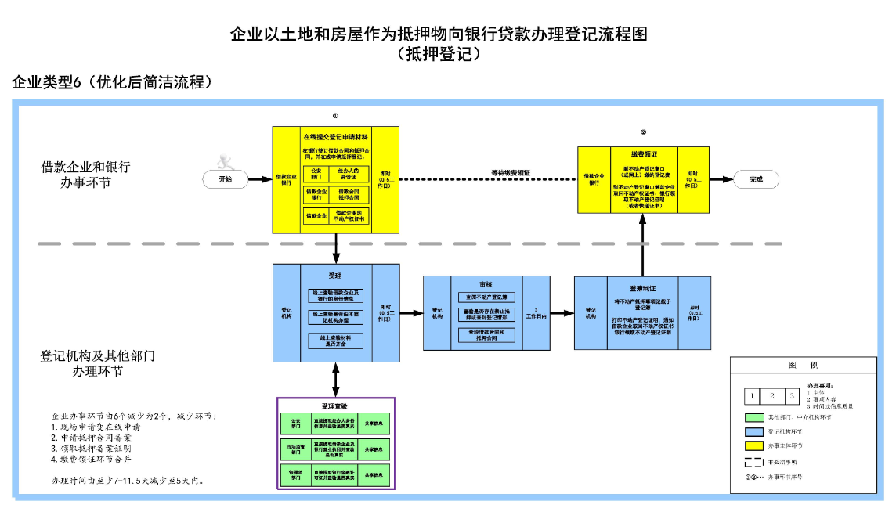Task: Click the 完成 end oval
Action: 756,179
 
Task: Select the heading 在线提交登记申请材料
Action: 335,137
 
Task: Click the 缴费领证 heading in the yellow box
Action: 644,155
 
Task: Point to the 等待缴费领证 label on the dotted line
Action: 511,172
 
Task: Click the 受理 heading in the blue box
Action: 335,276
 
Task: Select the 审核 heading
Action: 486,284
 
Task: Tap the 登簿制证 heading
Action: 642,287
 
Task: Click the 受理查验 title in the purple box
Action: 335,406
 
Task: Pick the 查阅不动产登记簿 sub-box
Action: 487,297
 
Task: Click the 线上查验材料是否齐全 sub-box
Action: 335,340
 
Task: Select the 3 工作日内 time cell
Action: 536,314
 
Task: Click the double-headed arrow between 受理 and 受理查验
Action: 336,379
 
